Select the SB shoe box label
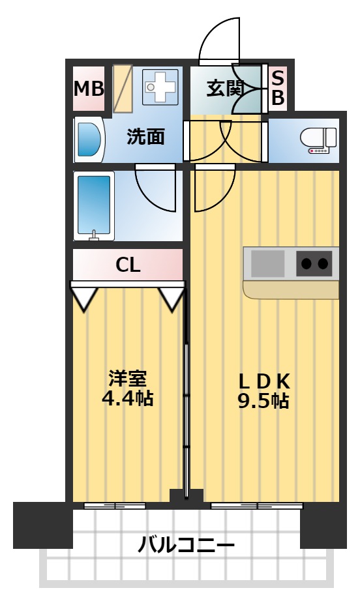pyautogui.click(x=277, y=88)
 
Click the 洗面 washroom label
pyautogui.click(x=145, y=137)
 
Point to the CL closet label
pyautogui.click(x=128, y=265)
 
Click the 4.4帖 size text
pyautogui.click(x=128, y=398)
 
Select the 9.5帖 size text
pyautogui.click(x=263, y=400)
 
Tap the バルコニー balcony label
pyautogui.click(x=186, y=544)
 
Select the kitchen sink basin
pyautogui.click(x=268, y=264)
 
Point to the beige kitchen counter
pyautogui.click(x=290, y=289)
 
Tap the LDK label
pyautogui.click(x=263, y=381)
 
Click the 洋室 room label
pyautogui.click(x=128, y=379)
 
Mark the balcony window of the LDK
pyautogui.click(x=257, y=505)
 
